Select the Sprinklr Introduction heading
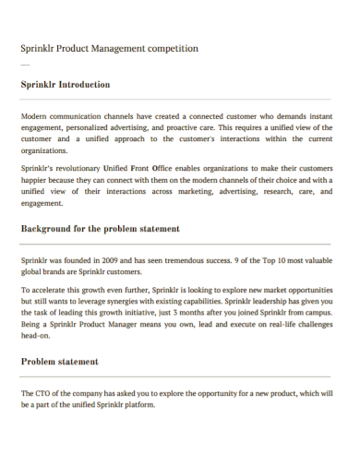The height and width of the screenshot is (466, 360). pyautogui.click(x=66, y=84)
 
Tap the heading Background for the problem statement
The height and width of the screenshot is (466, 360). pyautogui.click(x=100, y=228)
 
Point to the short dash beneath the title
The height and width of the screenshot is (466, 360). pyautogui.click(x=24, y=66)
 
